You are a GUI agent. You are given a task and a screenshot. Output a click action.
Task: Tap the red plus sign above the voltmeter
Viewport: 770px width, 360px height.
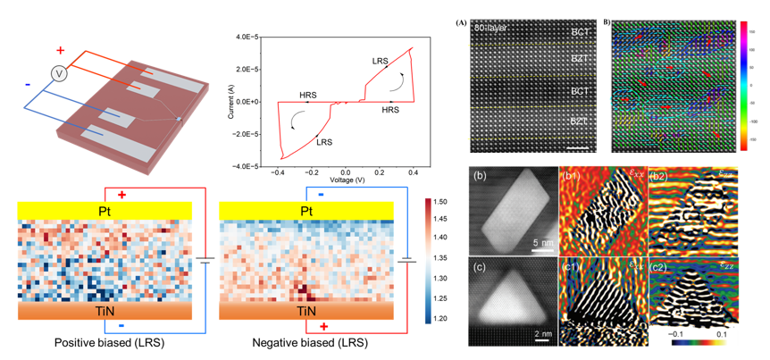tap(60, 50)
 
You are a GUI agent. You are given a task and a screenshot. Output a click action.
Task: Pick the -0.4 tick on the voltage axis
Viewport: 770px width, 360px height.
tap(280, 173)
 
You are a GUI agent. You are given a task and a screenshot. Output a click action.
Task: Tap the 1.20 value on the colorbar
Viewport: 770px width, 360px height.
tap(440, 318)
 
